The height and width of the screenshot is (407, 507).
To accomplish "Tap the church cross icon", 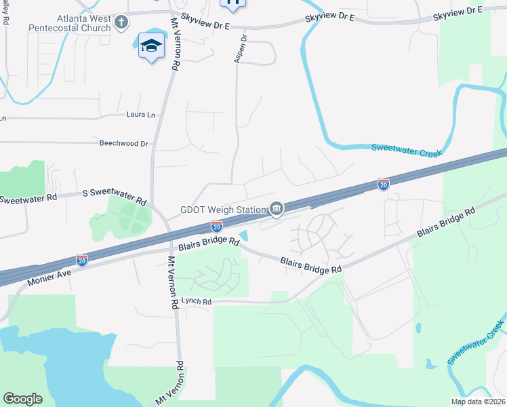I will [121, 23].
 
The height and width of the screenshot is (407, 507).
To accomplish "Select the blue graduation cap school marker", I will [151, 46].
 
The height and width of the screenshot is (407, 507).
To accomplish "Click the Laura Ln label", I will [140, 115].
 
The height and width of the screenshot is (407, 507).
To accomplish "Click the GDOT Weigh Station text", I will [224, 210].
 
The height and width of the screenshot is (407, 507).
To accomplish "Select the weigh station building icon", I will [277, 210].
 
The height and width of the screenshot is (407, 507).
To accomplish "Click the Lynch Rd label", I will [196, 301].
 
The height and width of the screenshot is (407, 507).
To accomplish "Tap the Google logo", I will [23, 399].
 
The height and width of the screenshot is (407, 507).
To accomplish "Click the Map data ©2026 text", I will [478, 402].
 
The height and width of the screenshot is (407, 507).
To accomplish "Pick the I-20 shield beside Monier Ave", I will [81, 260].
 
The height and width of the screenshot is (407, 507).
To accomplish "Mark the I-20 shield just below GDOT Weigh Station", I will [217, 225].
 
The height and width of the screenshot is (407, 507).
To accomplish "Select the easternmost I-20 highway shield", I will [383, 184].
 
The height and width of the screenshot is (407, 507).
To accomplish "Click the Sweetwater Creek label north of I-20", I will [406, 150].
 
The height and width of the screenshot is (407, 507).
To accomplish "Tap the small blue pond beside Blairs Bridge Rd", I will [245, 236].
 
